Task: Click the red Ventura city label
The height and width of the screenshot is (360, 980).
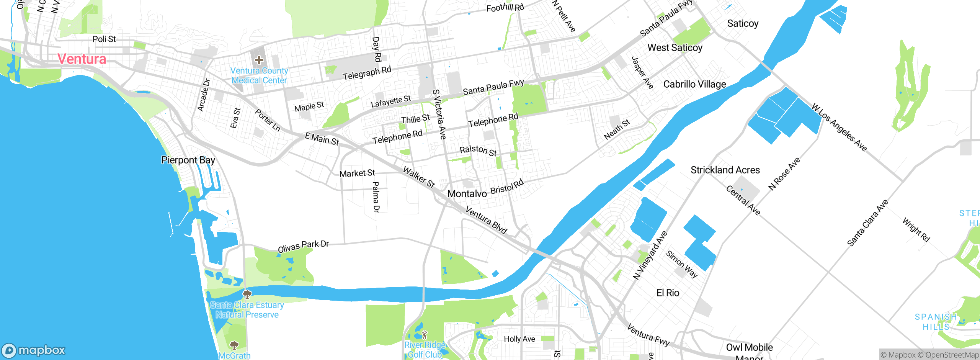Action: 82,59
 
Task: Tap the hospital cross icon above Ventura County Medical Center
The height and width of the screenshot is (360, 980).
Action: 259,60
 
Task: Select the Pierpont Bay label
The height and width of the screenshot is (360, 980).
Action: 188,160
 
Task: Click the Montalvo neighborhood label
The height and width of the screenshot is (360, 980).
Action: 467,194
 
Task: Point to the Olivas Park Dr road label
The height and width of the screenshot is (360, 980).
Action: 303,246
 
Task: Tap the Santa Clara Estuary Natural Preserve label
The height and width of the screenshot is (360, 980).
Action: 247,310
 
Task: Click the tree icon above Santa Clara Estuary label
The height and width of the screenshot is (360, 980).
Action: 247,294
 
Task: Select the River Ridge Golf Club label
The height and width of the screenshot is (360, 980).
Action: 425,350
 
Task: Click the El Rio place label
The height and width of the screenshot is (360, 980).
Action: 668,293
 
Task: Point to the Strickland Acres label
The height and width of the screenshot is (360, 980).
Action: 725,170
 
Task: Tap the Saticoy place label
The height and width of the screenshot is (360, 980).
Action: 743,24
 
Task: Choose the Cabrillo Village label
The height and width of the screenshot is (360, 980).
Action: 694,84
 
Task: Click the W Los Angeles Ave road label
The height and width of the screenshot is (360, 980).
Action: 839,128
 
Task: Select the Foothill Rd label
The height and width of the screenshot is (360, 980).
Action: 505,7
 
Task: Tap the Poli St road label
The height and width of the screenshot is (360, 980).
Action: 104,39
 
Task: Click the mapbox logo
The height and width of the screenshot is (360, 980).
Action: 34,350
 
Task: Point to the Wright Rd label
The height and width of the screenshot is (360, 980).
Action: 916,230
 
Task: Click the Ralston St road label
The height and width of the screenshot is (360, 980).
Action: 478,151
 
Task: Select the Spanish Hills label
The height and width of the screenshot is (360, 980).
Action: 936,322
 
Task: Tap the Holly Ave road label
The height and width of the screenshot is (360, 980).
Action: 519,339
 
